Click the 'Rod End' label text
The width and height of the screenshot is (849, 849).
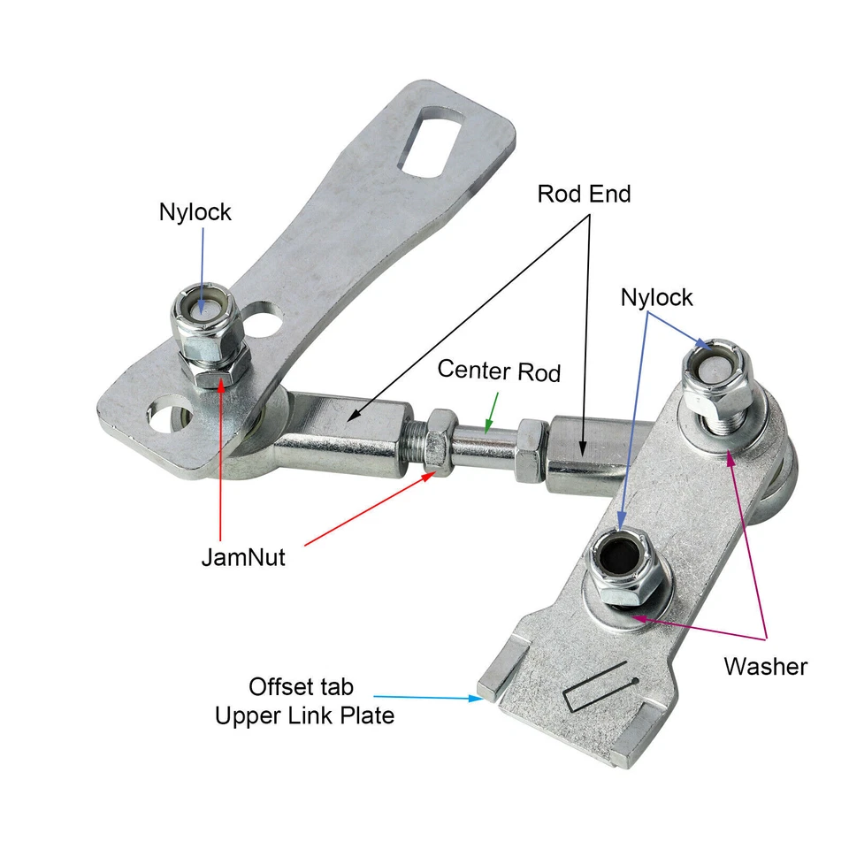(584, 194)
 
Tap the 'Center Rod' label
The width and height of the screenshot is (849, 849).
(499, 371)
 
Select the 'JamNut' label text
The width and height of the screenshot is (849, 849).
(242, 558)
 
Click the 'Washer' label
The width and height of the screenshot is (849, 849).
(765, 666)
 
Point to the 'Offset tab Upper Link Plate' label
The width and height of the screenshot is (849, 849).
(305, 700)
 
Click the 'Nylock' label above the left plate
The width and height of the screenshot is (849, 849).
(195, 212)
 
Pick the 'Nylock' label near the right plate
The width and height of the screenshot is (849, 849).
(656, 297)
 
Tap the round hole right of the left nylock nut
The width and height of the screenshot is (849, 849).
(264, 318)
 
